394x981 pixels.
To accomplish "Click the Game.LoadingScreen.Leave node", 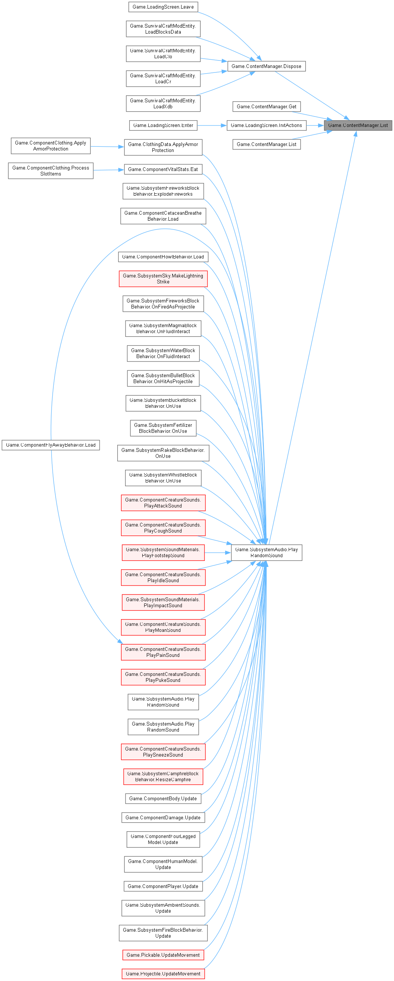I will click(x=163, y=7).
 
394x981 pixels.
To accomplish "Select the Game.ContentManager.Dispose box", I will click(x=266, y=66).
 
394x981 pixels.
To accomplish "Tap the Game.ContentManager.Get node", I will click(x=267, y=107).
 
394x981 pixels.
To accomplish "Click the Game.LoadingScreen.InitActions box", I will click(x=266, y=125).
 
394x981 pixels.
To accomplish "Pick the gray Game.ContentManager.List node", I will click(x=358, y=125).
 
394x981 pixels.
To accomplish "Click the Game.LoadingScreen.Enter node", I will click(x=163, y=125).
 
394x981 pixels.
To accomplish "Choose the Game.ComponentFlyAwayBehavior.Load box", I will click(x=51, y=445).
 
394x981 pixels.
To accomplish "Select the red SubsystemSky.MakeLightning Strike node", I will click(x=163, y=279).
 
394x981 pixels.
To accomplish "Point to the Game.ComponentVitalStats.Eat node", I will click(x=163, y=170).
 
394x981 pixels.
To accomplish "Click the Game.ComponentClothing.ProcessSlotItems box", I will click(x=51, y=171).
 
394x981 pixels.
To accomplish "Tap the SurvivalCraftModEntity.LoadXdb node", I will click(x=163, y=103).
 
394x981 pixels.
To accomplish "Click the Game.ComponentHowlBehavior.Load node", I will click(x=163, y=257).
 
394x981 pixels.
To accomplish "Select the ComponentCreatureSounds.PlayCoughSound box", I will click(x=163, y=528).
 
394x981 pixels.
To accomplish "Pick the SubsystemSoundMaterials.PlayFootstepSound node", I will click(x=163, y=553).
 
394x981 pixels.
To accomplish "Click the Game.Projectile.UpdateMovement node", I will click(x=163, y=974).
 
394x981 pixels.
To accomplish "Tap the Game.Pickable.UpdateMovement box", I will click(x=163, y=955).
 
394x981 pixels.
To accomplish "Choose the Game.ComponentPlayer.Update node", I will click(x=163, y=886).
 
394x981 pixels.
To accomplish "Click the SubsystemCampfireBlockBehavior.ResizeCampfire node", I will click(x=163, y=776).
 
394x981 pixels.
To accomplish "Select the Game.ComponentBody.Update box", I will click(x=163, y=799).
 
